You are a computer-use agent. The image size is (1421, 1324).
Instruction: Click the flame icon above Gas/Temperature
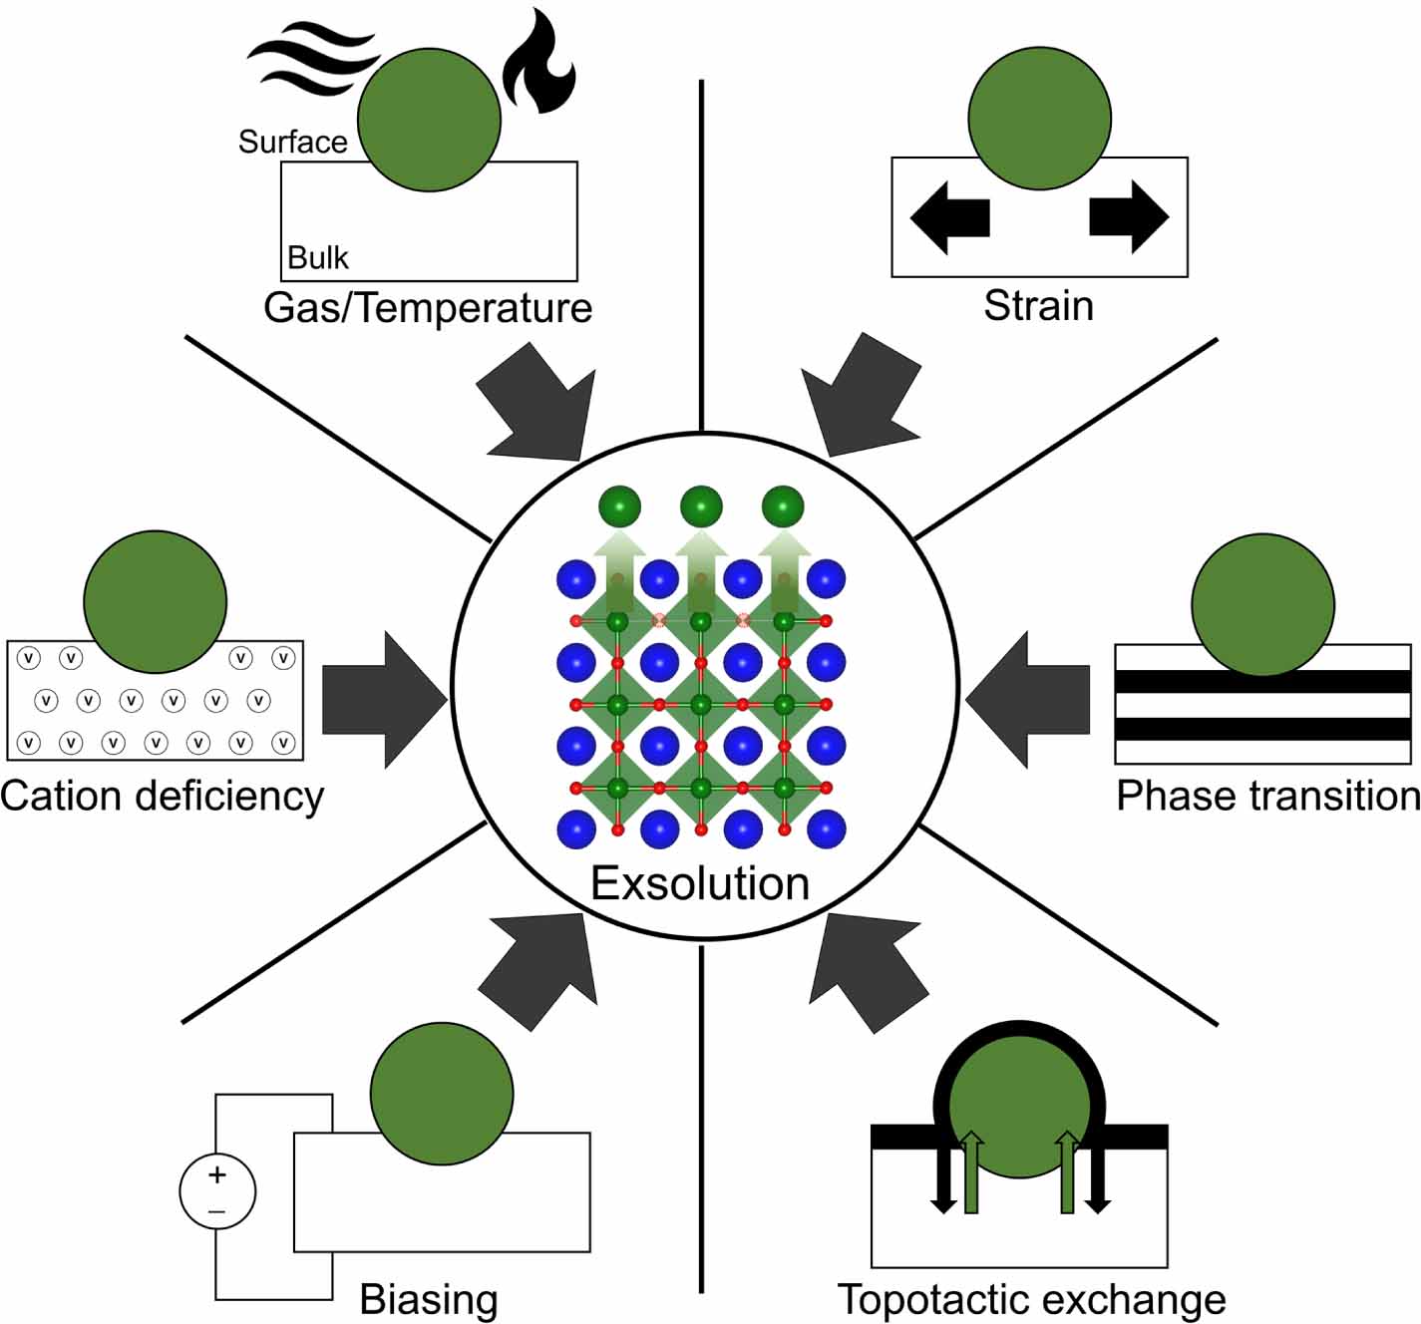[538, 64]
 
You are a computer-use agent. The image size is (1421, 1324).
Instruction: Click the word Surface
[292, 142]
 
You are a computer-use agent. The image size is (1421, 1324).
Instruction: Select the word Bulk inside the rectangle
[318, 257]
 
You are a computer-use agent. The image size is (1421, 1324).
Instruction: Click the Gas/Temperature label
[428, 307]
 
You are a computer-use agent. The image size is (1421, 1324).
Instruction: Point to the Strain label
[1038, 305]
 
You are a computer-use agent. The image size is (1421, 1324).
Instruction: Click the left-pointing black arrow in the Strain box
[948, 216]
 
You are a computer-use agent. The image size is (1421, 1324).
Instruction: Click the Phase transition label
[1267, 796]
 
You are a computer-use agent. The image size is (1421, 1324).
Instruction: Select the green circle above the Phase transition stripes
[1262, 604]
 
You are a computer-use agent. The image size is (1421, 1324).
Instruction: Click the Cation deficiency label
[163, 796]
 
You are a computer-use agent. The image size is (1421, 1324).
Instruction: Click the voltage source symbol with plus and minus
[217, 1191]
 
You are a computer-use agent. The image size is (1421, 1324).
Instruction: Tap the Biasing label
[429, 1299]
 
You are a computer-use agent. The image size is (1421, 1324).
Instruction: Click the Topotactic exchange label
[1032, 1299]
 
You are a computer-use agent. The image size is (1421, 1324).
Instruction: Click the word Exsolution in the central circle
[700, 883]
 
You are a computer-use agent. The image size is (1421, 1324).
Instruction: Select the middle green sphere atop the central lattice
[701, 507]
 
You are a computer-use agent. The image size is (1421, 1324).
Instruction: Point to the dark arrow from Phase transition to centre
[1027, 700]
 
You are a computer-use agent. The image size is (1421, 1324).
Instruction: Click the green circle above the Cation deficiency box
[155, 602]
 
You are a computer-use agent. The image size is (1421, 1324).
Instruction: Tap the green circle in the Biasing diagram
[442, 1094]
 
